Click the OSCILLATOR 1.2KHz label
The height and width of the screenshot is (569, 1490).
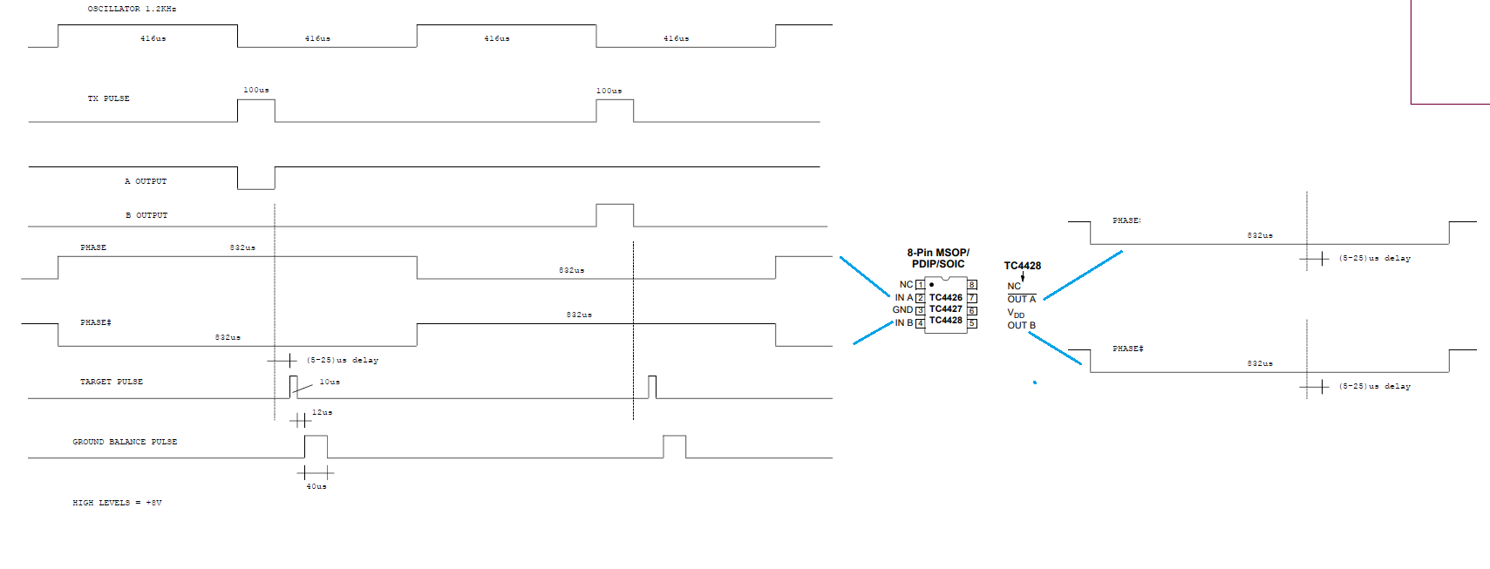point(132,9)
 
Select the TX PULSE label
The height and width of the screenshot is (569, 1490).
point(108,98)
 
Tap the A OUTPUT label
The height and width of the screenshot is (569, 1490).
point(146,180)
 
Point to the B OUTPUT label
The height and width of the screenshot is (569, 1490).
point(146,215)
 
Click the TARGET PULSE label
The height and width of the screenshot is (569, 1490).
point(111,382)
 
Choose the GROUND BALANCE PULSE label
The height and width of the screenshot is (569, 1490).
point(125,442)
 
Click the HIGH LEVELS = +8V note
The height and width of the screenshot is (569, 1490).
point(117,503)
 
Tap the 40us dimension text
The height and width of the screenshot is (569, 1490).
point(316,486)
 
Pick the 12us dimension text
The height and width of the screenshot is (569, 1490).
point(322,412)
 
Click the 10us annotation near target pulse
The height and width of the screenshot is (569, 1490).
point(330,382)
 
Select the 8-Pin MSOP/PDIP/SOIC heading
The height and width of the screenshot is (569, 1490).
point(938,258)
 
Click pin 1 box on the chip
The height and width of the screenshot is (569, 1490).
point(921,284)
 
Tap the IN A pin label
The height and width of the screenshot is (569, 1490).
point(904,297)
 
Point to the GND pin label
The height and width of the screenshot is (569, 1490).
point(902,309)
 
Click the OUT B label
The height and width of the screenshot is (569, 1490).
point(1021,325)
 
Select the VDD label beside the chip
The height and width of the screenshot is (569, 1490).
point(1016,313)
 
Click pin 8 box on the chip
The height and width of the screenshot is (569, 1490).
point(972,284)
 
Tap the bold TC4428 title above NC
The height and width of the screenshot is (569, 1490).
point(1023,265)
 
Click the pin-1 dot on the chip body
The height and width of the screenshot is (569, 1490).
point(931,284)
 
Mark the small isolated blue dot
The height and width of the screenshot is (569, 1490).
point(1035,383)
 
